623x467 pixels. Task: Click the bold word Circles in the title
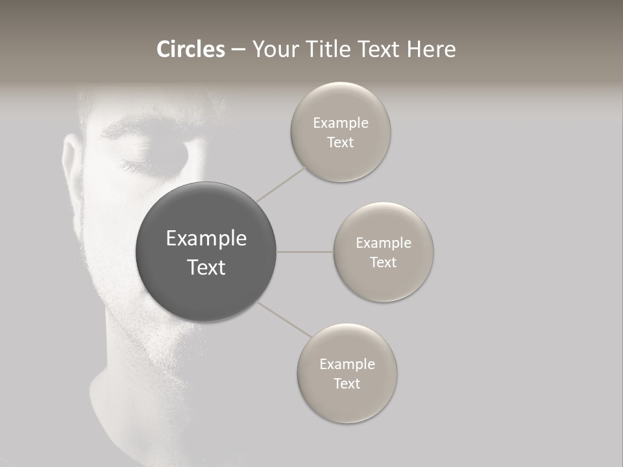[191, 49]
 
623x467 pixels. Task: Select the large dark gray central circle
[206, 252]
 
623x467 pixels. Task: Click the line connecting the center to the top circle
[282, 184]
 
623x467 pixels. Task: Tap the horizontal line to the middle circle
[305, 252]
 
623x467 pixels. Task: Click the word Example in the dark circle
[206, 239]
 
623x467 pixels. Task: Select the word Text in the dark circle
[206, 267]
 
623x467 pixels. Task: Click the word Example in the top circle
[341, 123]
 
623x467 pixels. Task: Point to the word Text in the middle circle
[384, 262]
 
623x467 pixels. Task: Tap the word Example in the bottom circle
[347, 364]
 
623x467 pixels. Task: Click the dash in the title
[238, 50]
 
